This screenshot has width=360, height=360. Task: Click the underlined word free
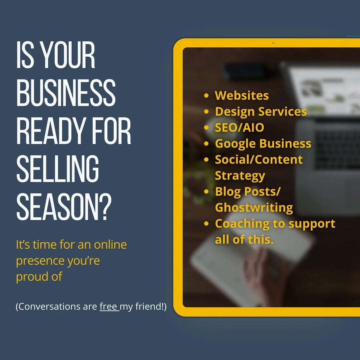click(x=108, y=307)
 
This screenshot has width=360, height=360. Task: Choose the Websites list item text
click(x=242, y=95)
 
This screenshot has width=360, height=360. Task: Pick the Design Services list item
click(x=261, y=111)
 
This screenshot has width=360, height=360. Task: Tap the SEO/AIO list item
click(x=239, y=127)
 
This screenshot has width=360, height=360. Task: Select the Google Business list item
click(x=263, y=143)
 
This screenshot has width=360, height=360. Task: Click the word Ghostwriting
click(x=254, y=207)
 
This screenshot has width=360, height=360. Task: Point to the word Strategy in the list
click(x=240, y=175)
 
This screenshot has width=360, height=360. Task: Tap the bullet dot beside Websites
click(x=207, y=96)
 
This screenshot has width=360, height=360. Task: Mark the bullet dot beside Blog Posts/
click(x=207, y=192)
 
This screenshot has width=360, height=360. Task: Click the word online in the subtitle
click(x=110, y=245)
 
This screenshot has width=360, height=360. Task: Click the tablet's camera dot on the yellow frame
click(x=273, y=43)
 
